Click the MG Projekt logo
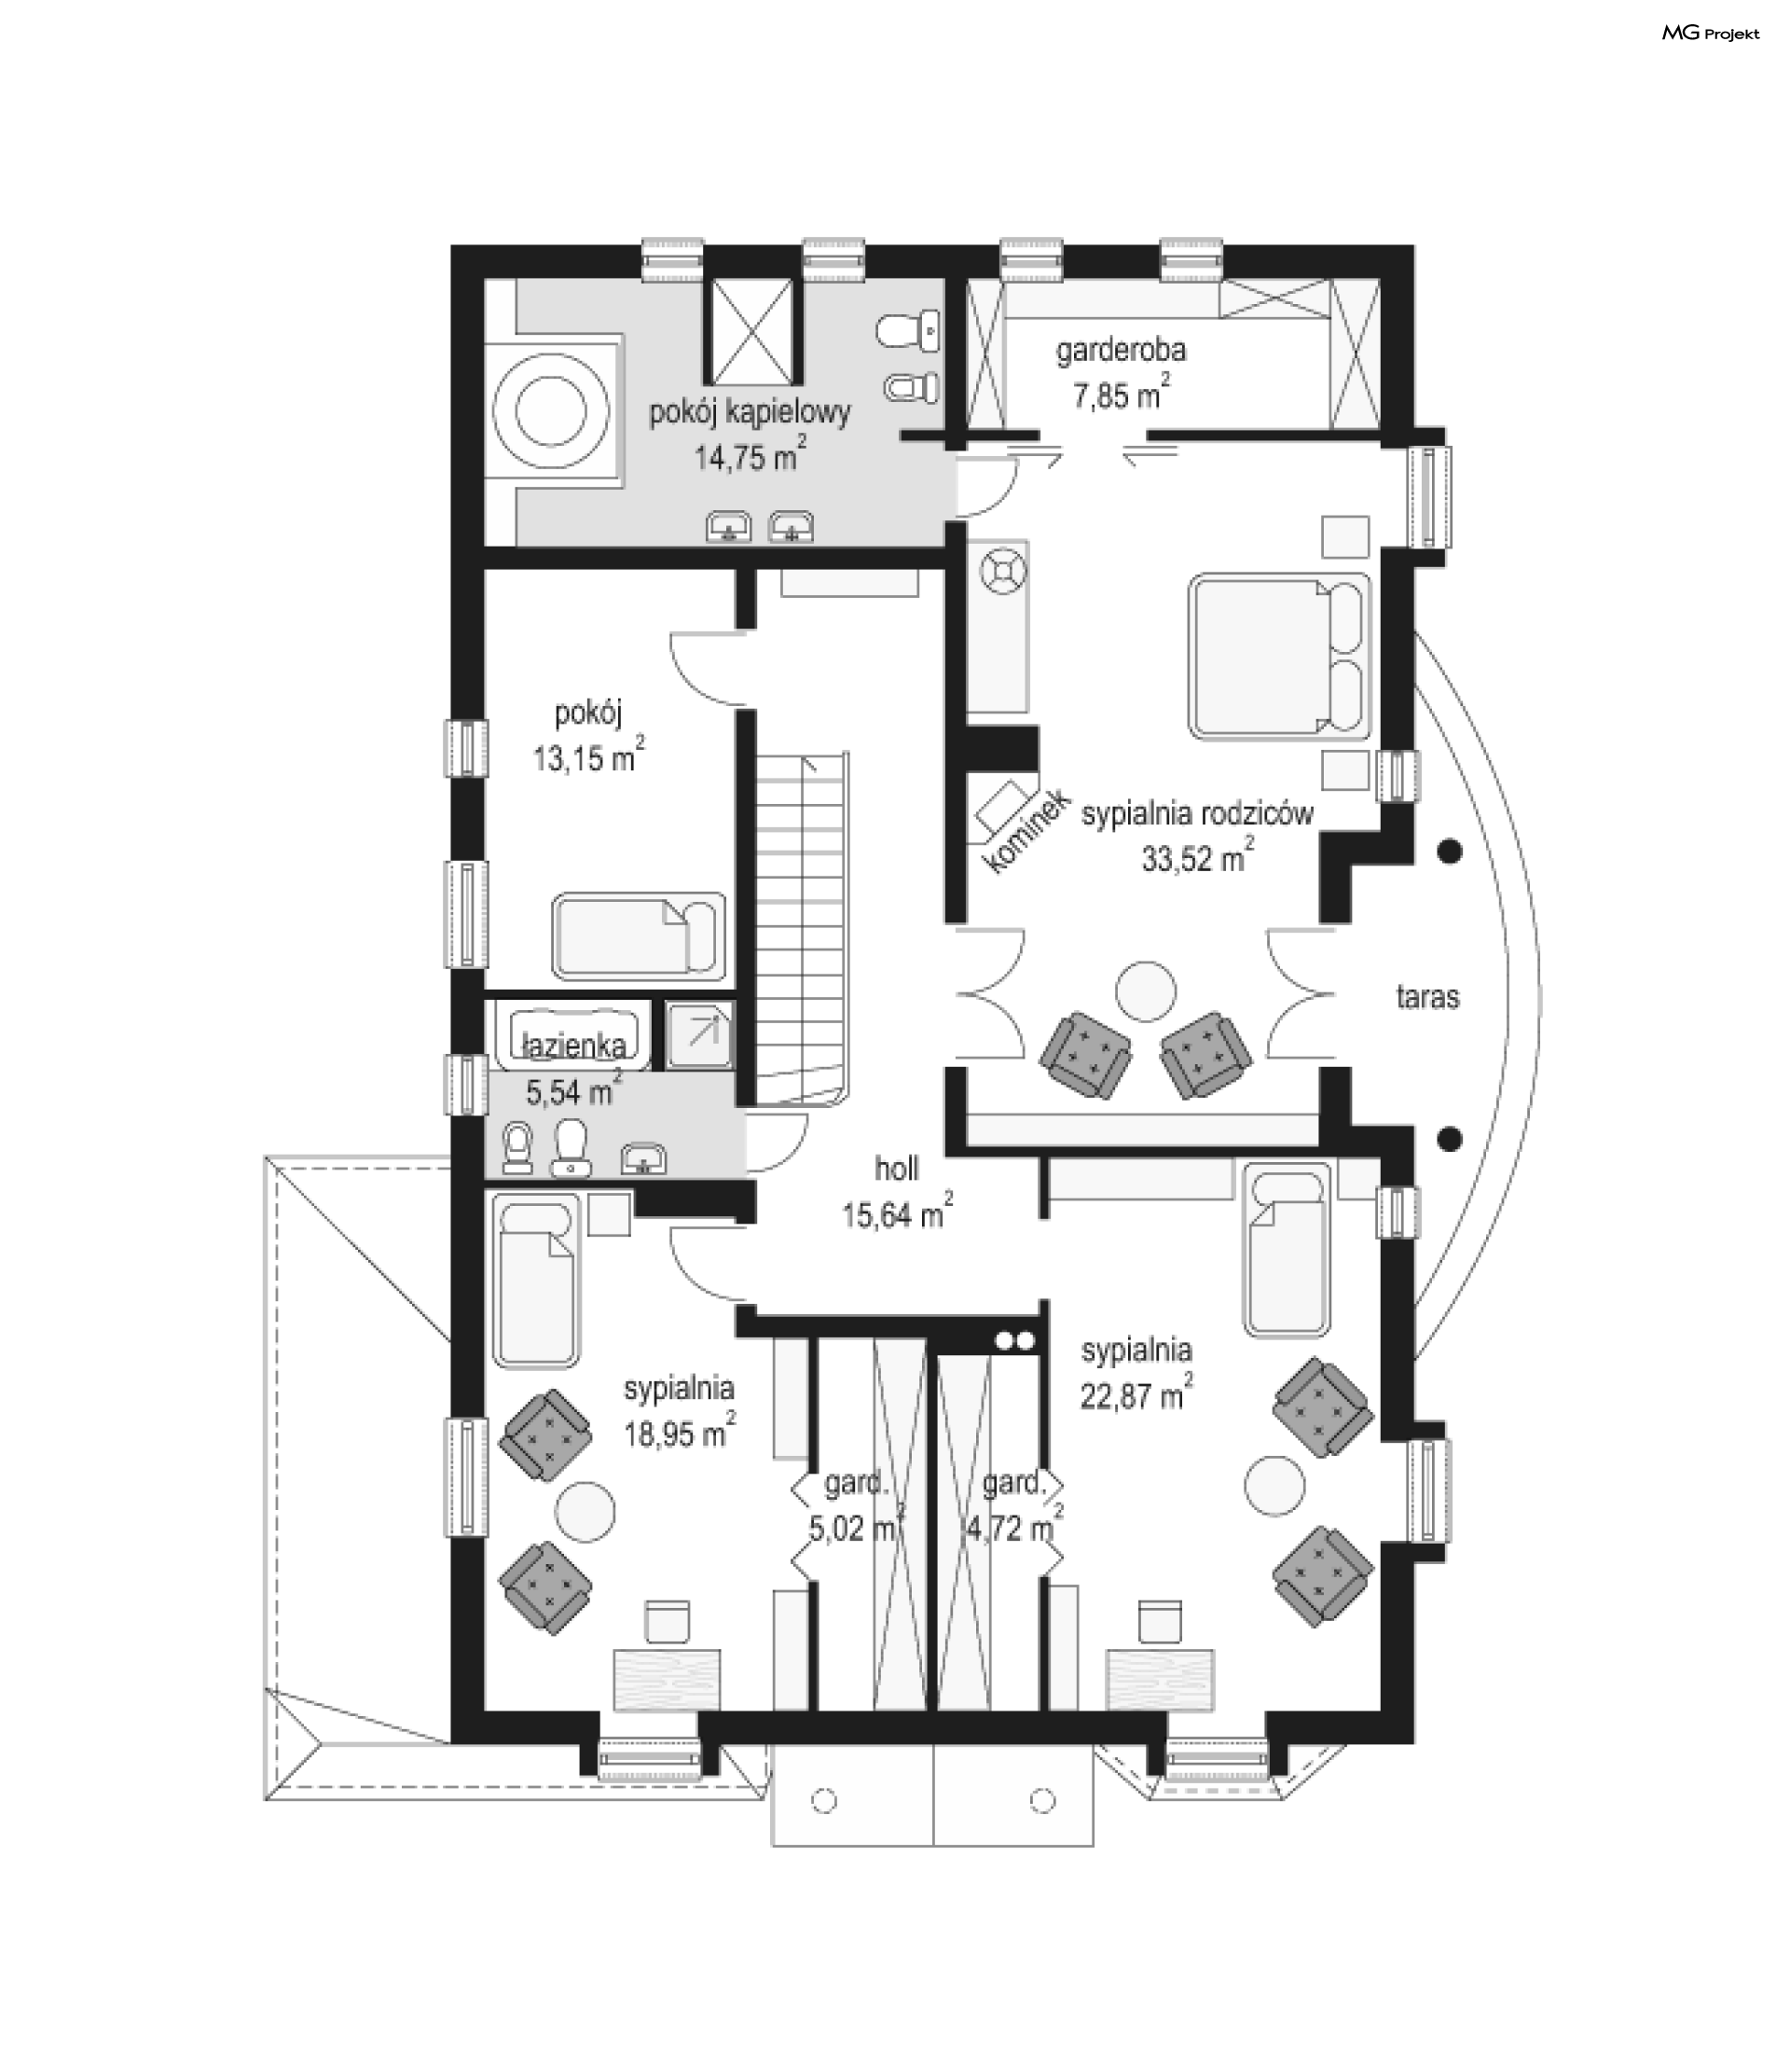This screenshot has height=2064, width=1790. point(1711,33)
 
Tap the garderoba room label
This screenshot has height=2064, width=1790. point(1122,351)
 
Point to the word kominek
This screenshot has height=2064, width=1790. point(1026,830)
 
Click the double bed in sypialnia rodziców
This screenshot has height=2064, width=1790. point(1279,656)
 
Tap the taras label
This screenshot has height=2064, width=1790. point(1427,996)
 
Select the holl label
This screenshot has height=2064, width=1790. point(896,1168)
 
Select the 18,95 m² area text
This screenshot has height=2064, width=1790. point(680,1432)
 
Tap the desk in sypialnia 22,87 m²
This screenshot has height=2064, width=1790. point(1161,1679)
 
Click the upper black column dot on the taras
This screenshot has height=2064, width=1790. point(1450,852)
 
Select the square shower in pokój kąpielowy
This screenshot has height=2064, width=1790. point(755,333)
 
